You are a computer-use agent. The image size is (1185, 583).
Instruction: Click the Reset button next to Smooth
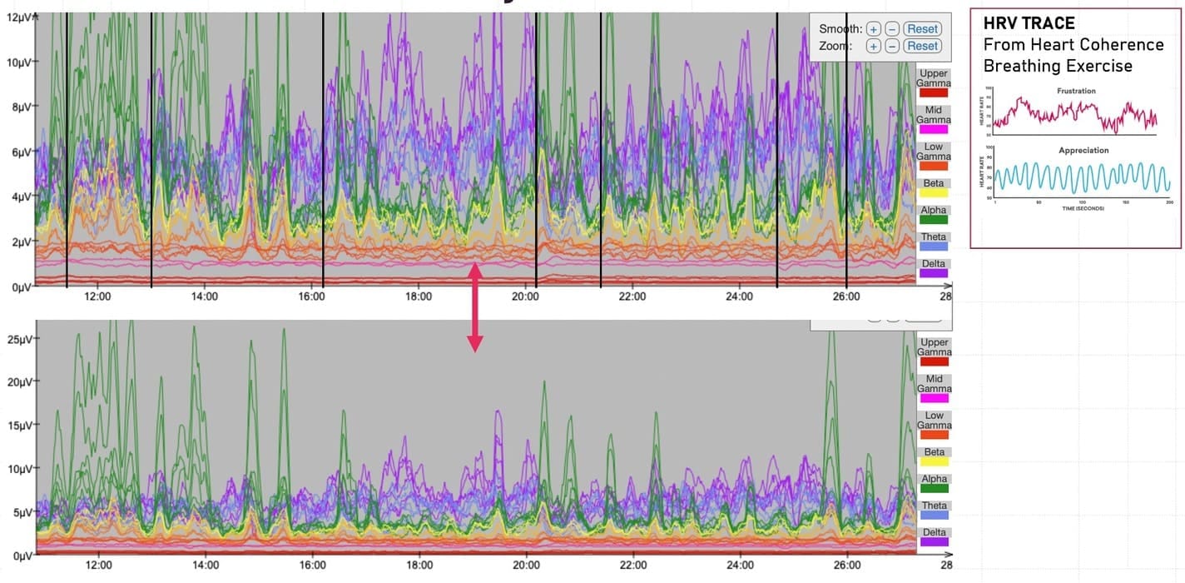pos(922,29)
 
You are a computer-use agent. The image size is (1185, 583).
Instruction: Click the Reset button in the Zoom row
pos(922,46)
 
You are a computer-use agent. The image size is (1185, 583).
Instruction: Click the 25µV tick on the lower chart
pos(17,339)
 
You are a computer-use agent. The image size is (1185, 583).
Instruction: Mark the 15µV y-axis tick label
pos(17,426)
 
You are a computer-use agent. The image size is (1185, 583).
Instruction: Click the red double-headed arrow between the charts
pos(474,307)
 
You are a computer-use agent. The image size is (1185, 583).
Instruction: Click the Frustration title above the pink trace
pos(1077,91)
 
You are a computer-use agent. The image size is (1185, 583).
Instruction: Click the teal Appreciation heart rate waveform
pos(1082,177)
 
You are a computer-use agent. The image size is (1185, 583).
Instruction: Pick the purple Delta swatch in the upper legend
pos(934,273)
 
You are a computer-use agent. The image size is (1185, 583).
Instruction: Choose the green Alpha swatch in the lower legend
pos(934,488)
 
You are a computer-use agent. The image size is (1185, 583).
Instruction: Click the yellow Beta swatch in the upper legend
pos(934,192)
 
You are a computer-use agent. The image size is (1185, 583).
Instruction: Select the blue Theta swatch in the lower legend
pos(934,515)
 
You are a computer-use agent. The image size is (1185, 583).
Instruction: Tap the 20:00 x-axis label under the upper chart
pos(525,296)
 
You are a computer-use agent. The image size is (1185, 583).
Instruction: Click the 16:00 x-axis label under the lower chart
pos(312,565)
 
